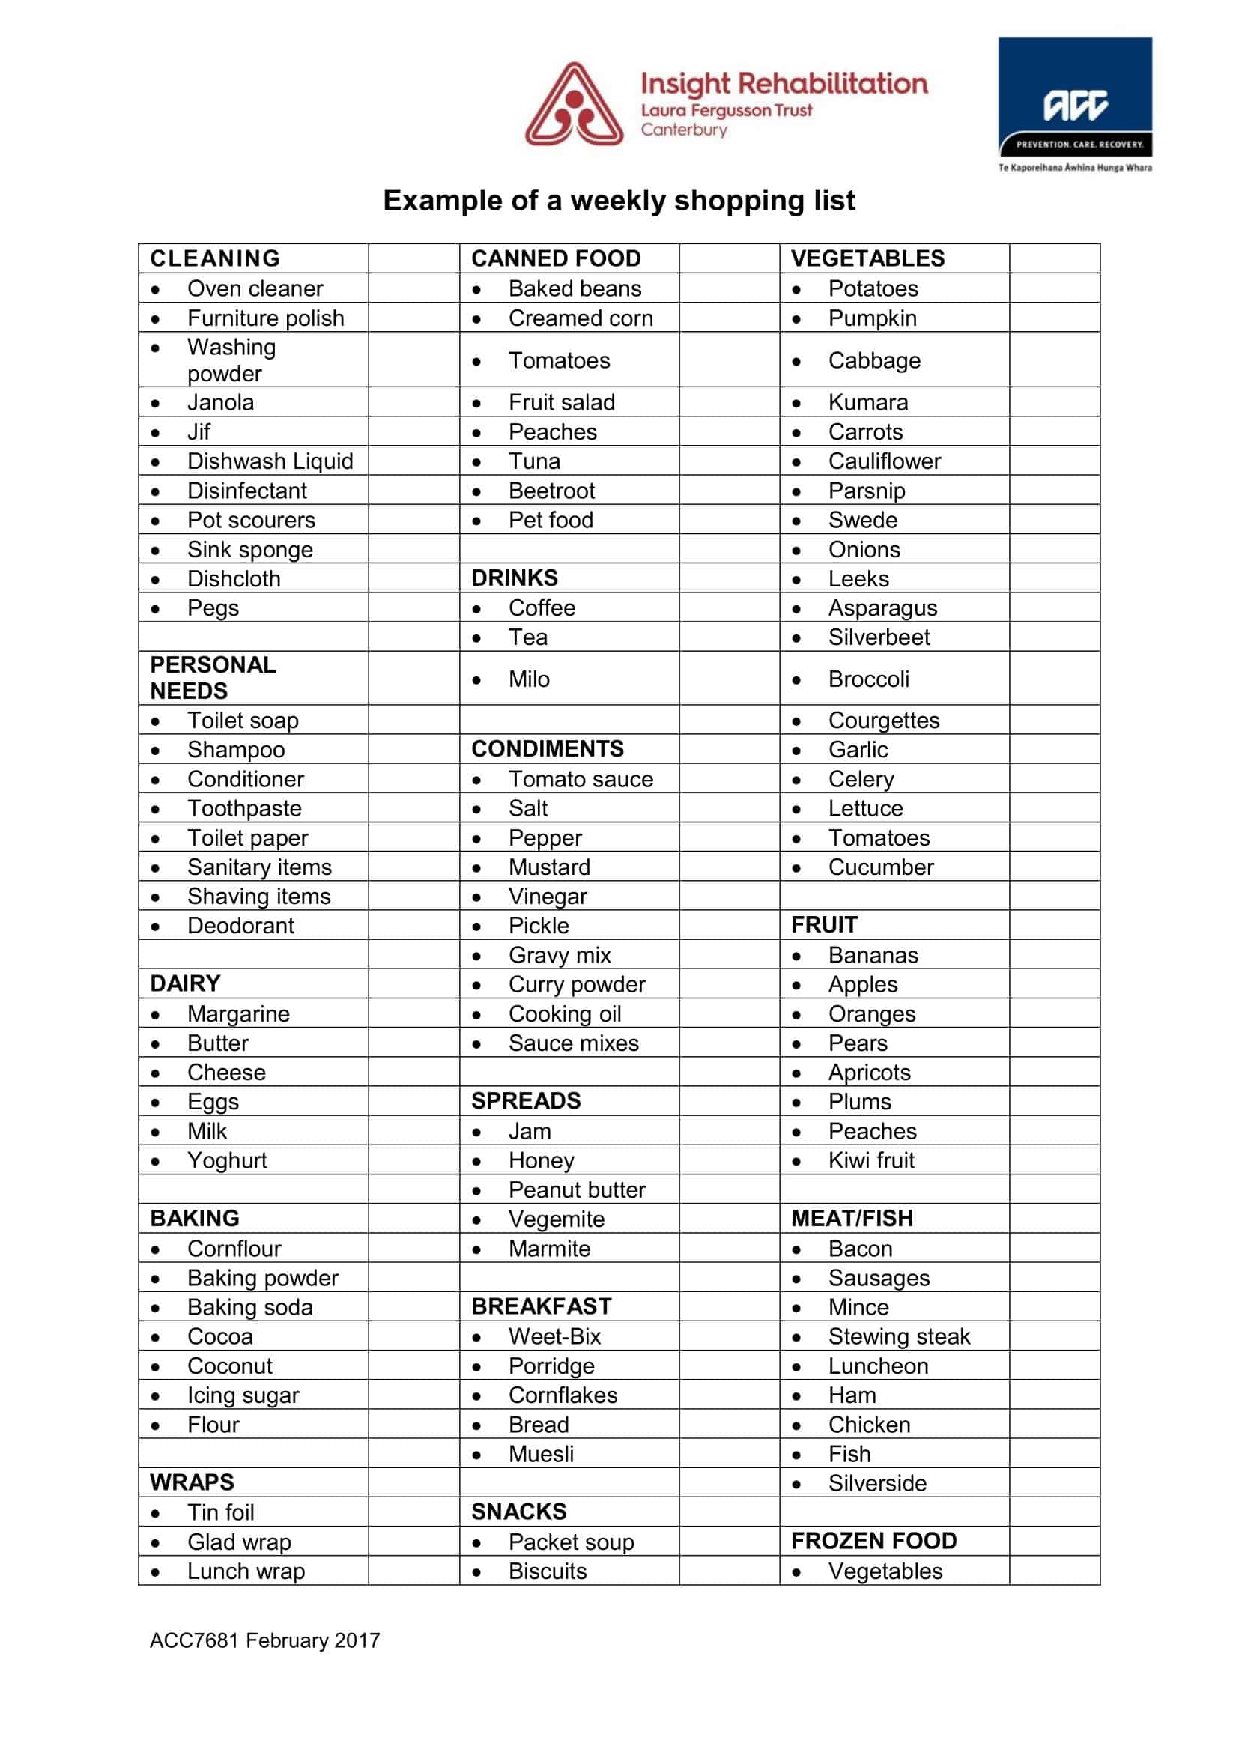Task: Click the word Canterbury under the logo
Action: click(684, 130)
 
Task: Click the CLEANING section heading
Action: click(215, 258)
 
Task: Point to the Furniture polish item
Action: click(265, 318)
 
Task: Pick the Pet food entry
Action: click(550, 521)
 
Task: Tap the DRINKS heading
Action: click(514, 578)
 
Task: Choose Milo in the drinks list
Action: click(529, 679)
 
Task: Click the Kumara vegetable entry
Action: click(867, 403)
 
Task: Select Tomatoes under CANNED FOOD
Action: click(559, 361)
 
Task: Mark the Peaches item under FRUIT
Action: click(872, 1132)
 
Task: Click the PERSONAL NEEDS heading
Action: click(212, 678)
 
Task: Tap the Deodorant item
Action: click(240, 927)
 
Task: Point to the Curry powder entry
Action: click(577, 985)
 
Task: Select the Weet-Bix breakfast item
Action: click(554, 1337)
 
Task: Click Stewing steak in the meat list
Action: click(899, 1337)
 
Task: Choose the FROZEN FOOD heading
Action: click(873, 1542)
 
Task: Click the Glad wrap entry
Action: click(239, 1542)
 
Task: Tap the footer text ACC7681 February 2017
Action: click(264, 1640)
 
